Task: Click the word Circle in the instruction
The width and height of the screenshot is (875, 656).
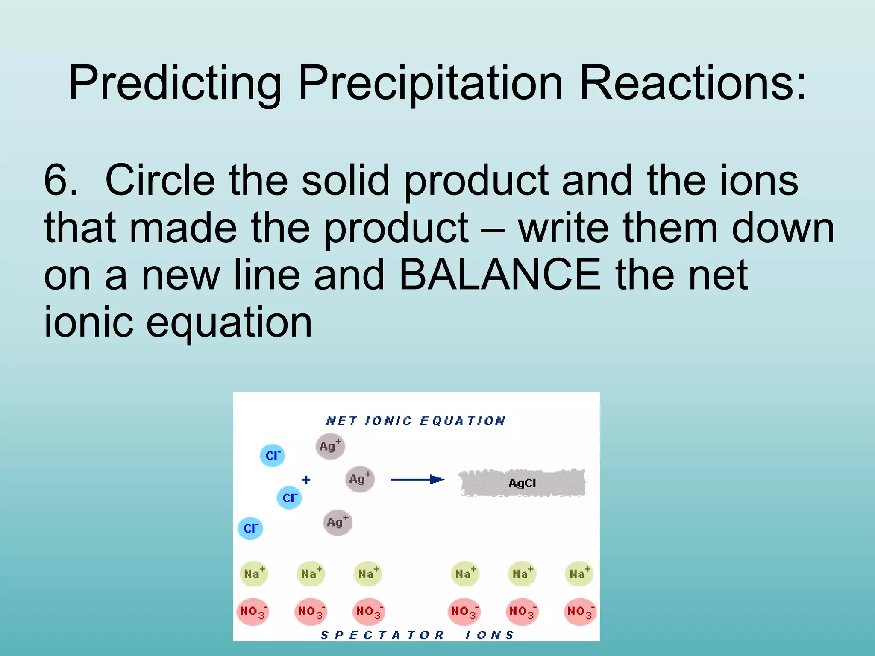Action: [160, 180]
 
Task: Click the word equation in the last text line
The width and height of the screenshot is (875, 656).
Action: [229, 322]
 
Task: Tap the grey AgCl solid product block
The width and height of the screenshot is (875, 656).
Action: [523, 483]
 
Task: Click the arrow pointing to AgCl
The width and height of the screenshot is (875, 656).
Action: [417, 480]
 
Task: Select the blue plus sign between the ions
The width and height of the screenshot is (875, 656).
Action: [306, 480]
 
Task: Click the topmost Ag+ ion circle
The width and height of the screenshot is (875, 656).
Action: [330, 446]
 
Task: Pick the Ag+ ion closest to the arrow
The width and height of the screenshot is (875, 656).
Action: [360, 479]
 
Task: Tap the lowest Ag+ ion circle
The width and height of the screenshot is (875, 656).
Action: [338, 522]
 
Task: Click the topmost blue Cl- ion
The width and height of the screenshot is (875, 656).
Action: [273, 455]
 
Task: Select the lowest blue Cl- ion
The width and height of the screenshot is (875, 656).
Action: [250, 528]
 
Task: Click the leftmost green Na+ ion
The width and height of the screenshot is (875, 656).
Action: [254, 574]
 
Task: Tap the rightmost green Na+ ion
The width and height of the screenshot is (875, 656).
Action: [579, 574]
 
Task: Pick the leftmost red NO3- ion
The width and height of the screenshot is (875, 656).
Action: [253, 612]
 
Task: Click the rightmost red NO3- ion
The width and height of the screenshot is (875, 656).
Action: [580, 612]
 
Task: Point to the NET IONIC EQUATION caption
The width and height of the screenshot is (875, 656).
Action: [415, 421]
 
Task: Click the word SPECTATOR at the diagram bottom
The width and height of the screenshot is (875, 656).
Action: [383, 635]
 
